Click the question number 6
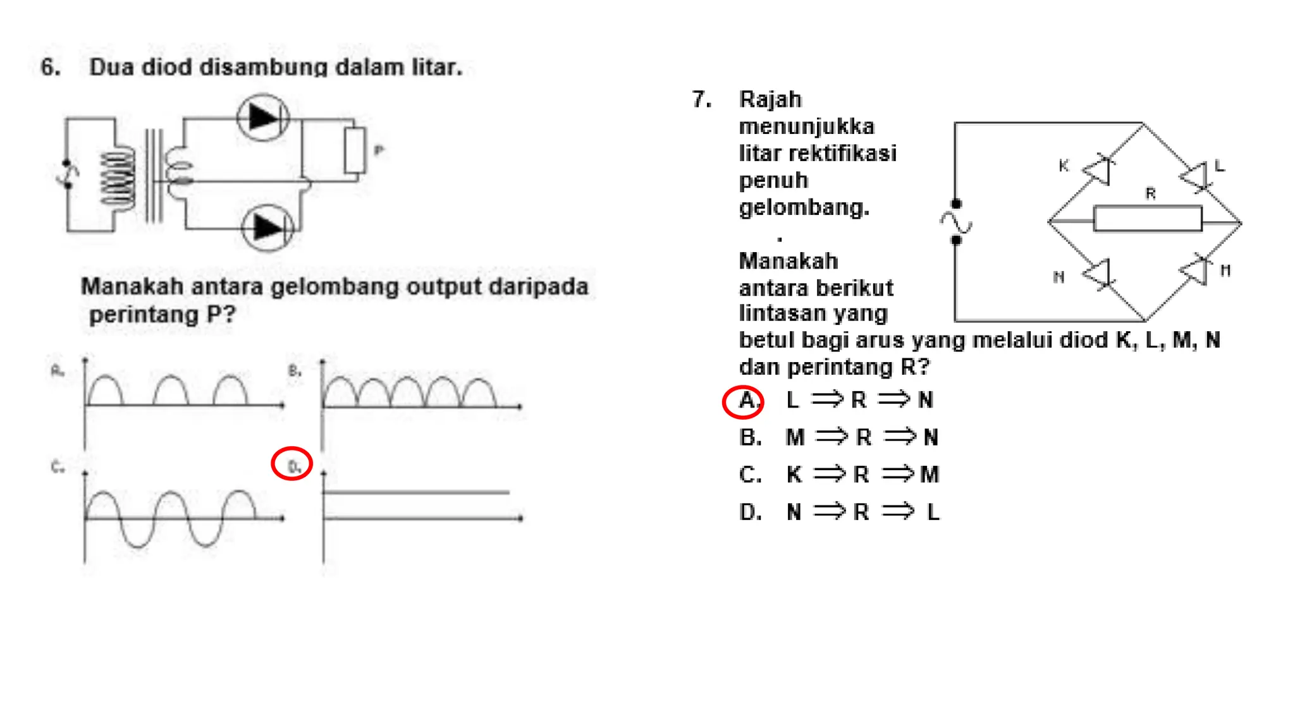(50, 67)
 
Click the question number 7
(701, 99)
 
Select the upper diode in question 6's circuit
(263, 118)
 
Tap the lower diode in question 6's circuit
(267, 227)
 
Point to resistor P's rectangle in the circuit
(355, 150)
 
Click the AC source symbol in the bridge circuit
(955, 222)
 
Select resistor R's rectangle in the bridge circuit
(1147, 219)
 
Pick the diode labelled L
(1194, 176)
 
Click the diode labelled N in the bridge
(1098, 274)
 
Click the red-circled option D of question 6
(292, 464)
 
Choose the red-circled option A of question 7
(744, 401)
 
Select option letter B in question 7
(750, 437)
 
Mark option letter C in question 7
(750, 475)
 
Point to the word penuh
(773, 181)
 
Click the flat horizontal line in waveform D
(416, 492)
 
